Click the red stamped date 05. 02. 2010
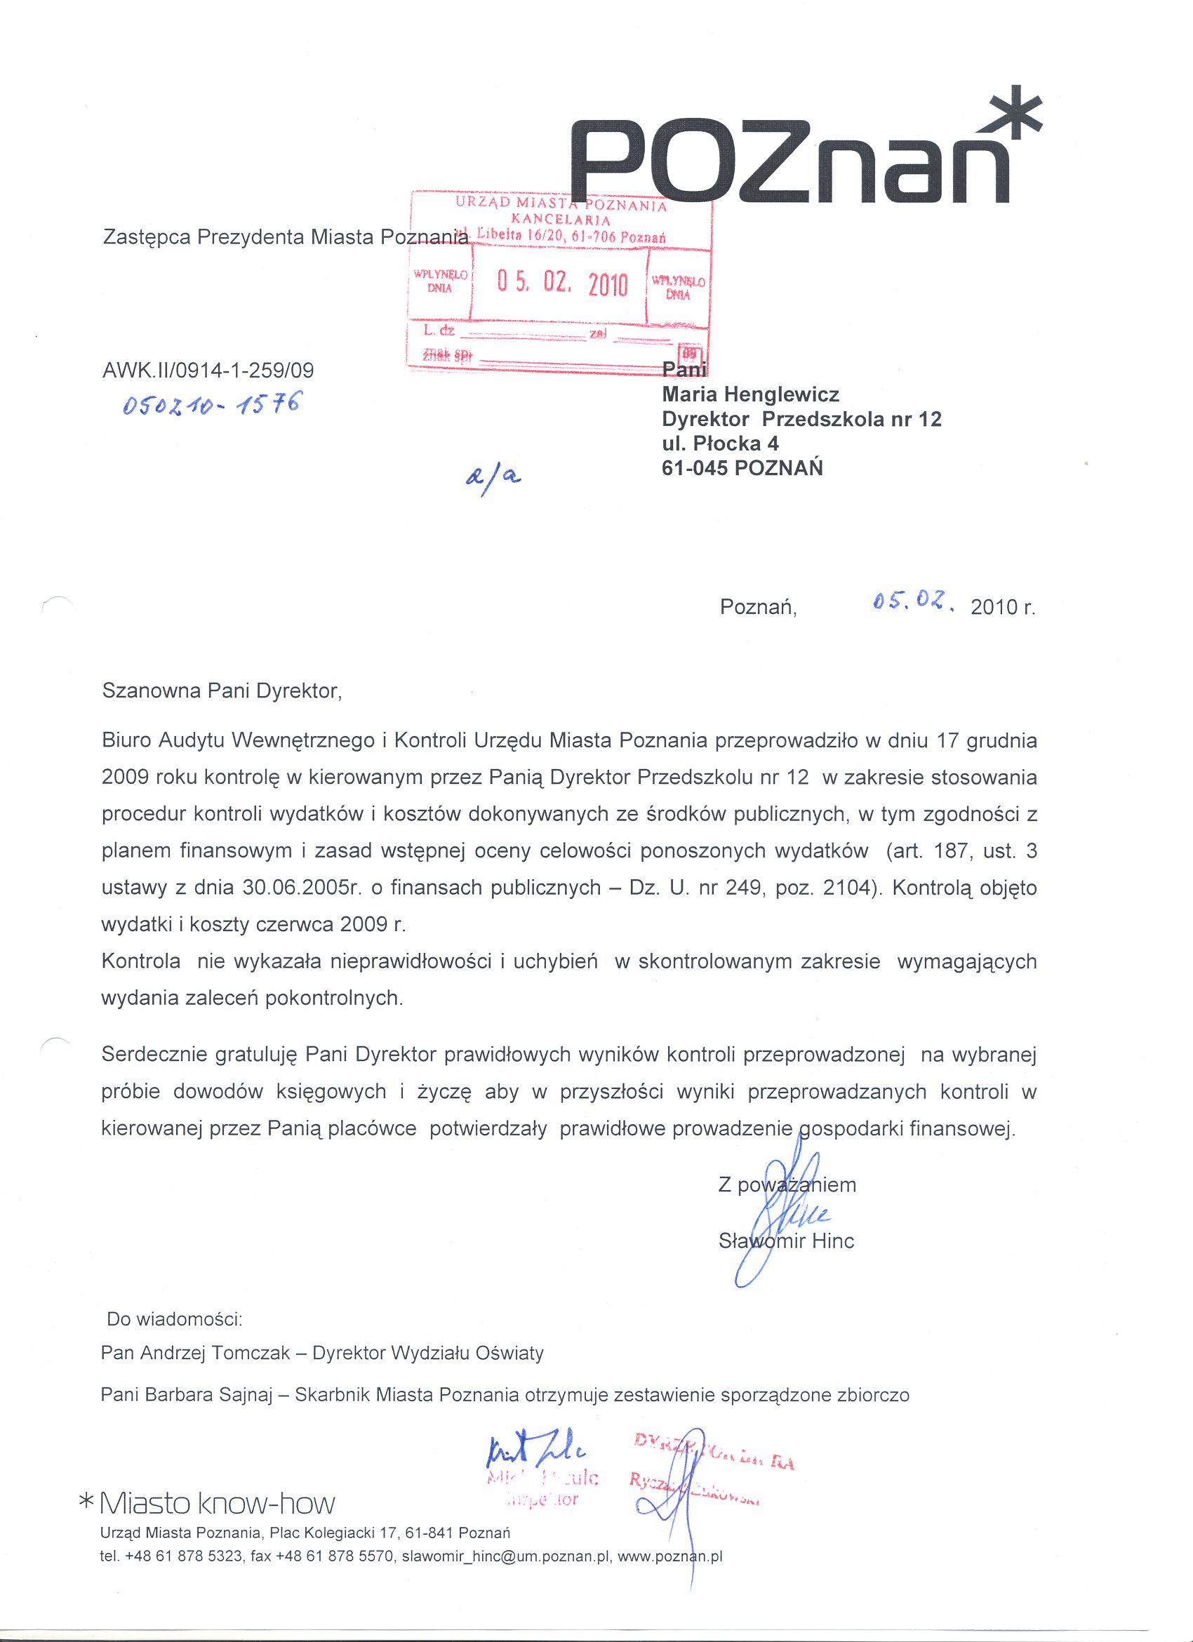(561, 283)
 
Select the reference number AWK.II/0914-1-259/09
(208, 371)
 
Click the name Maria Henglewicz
(751, 394)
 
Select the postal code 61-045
(695, 468)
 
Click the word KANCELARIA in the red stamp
(561, 220)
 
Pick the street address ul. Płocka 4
(720, 443)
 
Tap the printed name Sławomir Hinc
(786, 1241)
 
